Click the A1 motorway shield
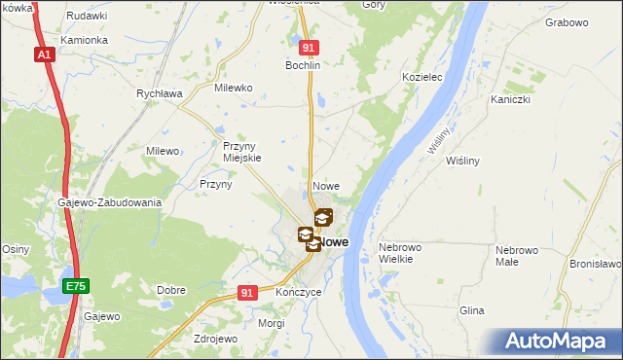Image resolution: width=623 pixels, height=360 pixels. click(45, 55)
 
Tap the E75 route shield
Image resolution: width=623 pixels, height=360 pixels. click(75, 286)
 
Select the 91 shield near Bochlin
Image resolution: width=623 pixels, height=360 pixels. click(309, 48)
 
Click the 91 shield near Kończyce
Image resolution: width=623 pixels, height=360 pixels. click(247, 292)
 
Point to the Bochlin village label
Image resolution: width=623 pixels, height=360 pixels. click(303, 65)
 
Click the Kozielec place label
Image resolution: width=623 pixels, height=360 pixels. click(422, 76)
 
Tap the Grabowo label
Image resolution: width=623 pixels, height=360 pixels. click(568, 21)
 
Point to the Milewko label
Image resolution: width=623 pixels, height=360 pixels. click(233, 88)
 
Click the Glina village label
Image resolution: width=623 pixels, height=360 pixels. click(472, 310)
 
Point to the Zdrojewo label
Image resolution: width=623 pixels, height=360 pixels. click(215, 339)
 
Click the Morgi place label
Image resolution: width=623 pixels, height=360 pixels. click(272, 322)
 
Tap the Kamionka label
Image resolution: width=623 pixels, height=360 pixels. click(83, 41)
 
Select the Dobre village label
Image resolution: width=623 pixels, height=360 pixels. click(171, 290)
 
